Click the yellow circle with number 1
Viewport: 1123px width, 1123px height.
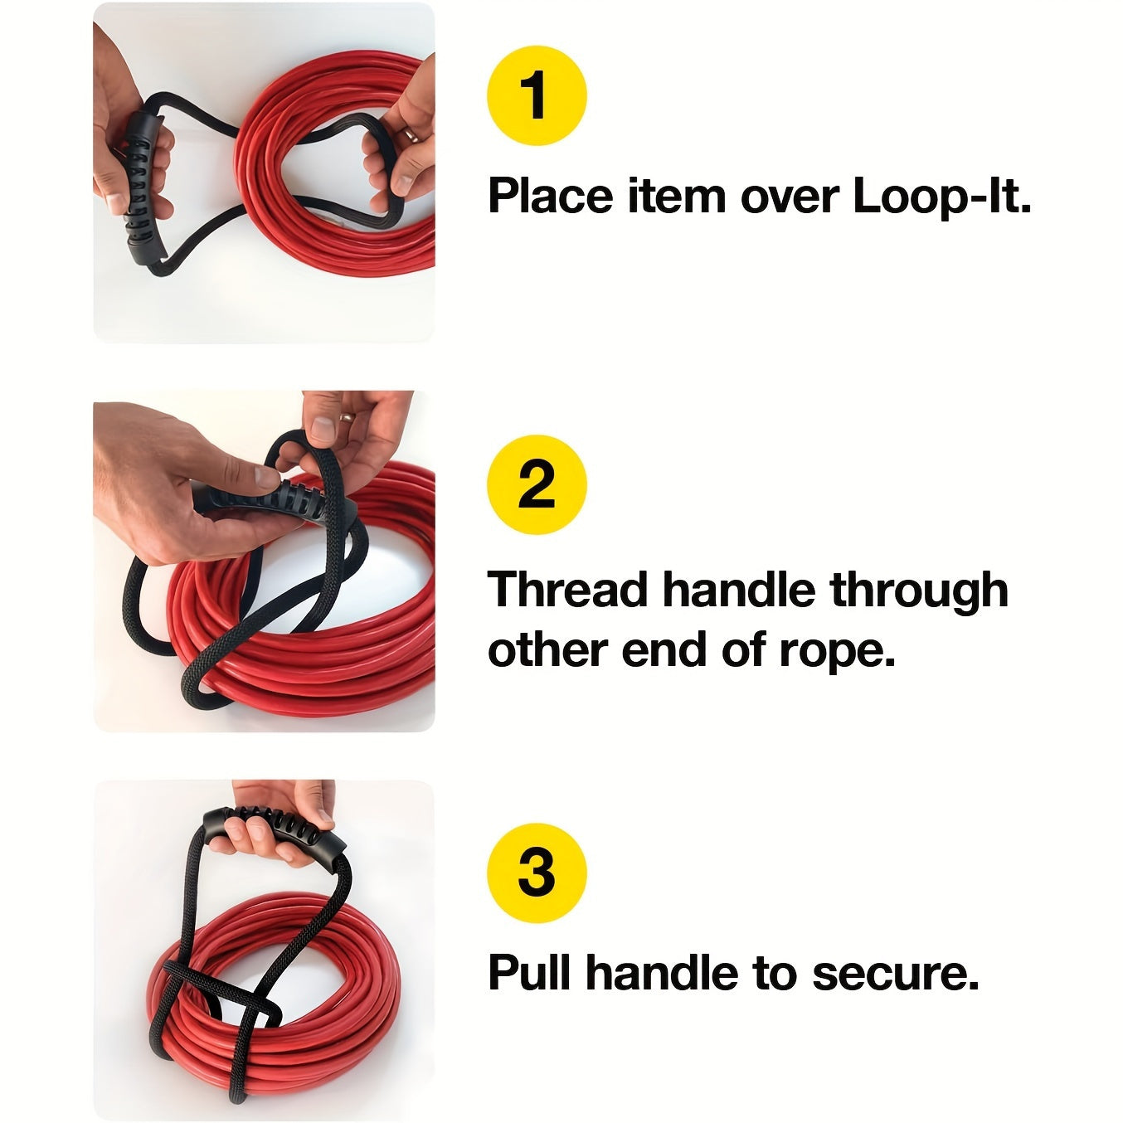pos(537,96)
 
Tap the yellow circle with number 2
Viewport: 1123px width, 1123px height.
pos(537,484)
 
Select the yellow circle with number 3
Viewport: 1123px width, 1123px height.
pos(537,873)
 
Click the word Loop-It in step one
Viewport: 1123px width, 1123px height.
pos(941,197)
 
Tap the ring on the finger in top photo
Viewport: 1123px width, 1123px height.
pos(411,134)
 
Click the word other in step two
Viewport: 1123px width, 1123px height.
pos(547,651)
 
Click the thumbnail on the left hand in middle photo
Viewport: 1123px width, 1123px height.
pos(265,477)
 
